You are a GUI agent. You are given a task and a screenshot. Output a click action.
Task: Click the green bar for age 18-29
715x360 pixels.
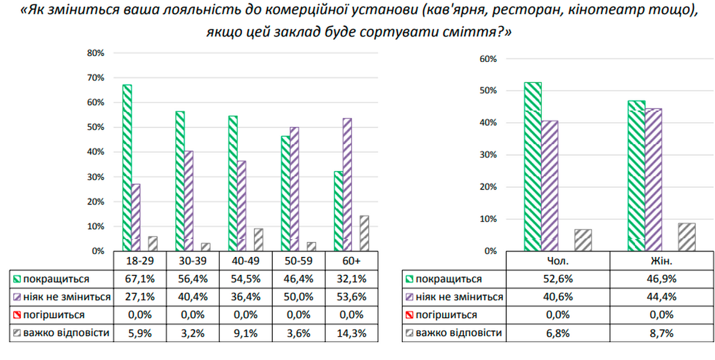(x=127, y=168)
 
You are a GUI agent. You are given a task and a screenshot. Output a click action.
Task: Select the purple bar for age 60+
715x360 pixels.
(x=347, y=185)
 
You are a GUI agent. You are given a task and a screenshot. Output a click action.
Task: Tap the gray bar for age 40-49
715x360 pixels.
(x=259, y=240)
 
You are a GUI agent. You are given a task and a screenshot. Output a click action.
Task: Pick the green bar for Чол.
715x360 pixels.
(x=533, y=167)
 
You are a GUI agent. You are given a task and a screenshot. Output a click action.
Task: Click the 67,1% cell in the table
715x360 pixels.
(x=139, y=279)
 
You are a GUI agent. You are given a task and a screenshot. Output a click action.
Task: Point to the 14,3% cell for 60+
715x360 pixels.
(x=352, y=333)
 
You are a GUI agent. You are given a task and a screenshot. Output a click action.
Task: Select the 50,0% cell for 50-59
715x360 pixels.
(x=299, y=297)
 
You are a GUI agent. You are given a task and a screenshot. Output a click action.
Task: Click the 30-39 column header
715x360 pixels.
(x=192, y=262)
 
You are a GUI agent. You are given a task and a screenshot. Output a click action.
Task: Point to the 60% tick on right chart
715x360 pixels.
(x=488, y=59)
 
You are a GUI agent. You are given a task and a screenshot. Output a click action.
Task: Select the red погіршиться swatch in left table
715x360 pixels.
(x=15, y=315)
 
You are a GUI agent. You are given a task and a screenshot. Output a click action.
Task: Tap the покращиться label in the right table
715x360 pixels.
(x=448, y=279)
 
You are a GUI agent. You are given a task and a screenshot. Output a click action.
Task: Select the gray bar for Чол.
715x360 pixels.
(x=583, y=240)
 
